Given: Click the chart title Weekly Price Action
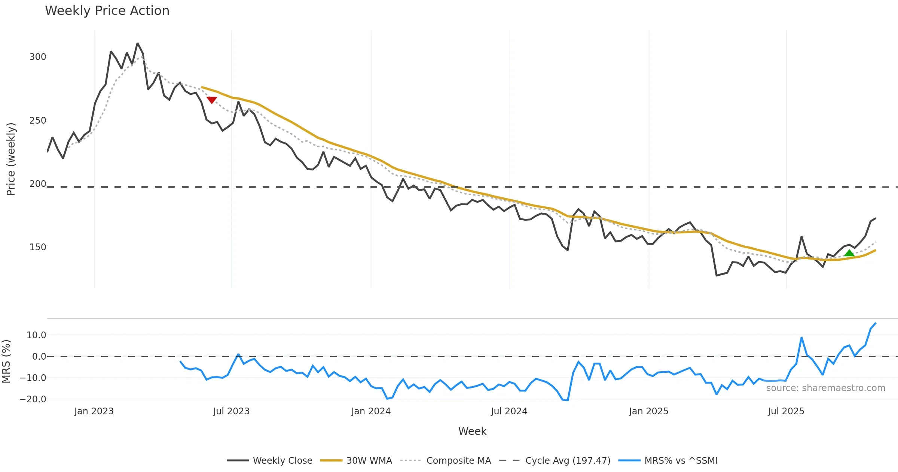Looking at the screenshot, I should [x=107, y=11].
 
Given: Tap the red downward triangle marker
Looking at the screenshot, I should [x=212, y=100].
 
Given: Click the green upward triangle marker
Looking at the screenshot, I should [x=849, y=253].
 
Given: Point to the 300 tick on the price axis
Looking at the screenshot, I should [x=38, y=57].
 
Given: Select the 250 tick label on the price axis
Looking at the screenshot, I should [x=38, y=121].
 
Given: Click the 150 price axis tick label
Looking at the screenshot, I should [x=38, y=247].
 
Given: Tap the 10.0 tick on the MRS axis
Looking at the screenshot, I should [x=36, y=335].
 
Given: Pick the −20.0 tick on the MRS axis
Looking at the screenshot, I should [x=33, y=399].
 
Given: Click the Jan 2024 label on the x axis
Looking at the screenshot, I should [x=371, y=411].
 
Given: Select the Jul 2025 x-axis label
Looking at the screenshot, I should [x=786, y=411].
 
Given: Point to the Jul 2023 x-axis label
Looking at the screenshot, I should [x=231, y=411].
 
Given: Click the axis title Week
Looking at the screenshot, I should [x=472, y=431].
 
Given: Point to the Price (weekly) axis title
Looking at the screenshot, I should [x=11, y=159].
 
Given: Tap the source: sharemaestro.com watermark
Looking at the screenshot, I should [x=825, y=388].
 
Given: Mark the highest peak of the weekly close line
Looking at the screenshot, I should [x=138, y=43].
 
